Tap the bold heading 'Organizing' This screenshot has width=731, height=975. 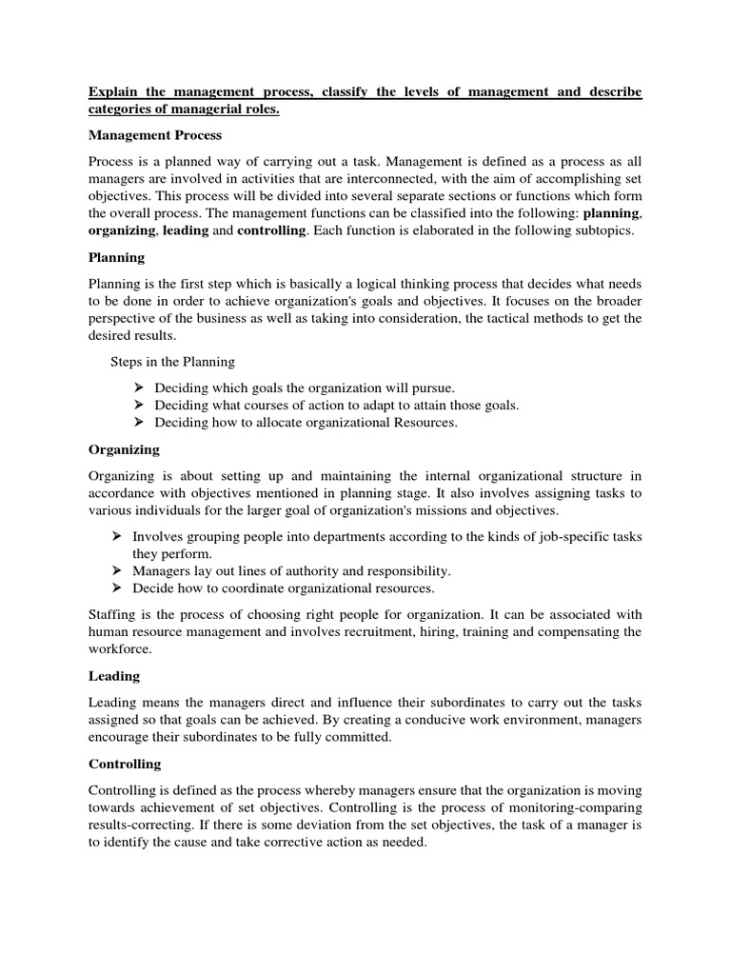(x=124, y=448)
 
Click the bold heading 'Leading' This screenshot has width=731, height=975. (x=114, y=675)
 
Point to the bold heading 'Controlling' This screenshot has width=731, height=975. (x=125, y=764)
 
